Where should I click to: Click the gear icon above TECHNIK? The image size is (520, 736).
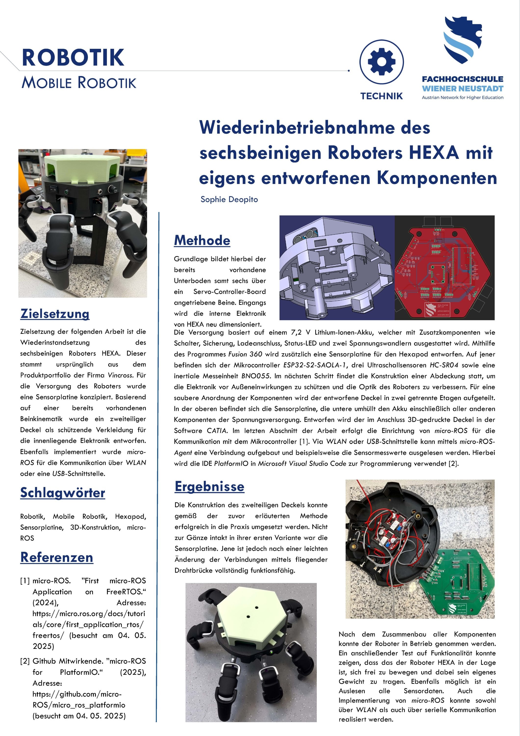tap(381, 62)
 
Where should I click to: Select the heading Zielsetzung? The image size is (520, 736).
tap(55, 314)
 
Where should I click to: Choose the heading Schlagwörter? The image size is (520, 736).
tap(63, 493)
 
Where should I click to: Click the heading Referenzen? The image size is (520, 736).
tap(57, 557)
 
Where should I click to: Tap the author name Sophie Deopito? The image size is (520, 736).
tap(229, 199)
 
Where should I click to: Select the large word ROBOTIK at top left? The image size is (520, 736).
tap(73, 58)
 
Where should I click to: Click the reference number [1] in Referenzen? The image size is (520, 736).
tap(25, 581)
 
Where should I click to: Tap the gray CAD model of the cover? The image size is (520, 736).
tap(336, 268)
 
